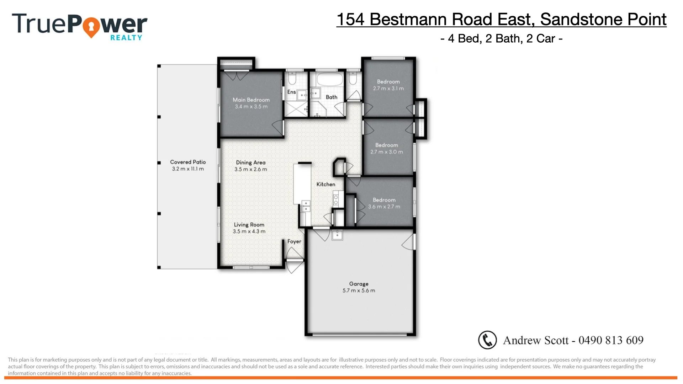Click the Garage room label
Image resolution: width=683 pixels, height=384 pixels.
pyautogui.click(x=359, y=284)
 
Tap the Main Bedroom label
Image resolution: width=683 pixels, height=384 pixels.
pyautogui.click(x=251, y=100)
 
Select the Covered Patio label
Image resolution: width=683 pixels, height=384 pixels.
pyautogui.click(x=188, y=162)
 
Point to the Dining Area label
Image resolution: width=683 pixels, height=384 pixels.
pyautogui.click(x=251, y=162)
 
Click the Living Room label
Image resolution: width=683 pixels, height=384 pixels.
pyautogui.click(x=249, y=225)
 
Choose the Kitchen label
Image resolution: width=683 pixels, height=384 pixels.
pyautogui.click(x=326, y=184)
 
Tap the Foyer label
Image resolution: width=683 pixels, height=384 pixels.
pyautogui.click(x=294, y=241)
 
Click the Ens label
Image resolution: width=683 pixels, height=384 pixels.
pyautogui.click(x=291, y=92)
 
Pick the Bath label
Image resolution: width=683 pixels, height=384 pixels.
pyautogui.click(x=332, y=97)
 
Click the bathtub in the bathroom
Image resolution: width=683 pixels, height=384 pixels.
pyautogui.click(x=329, y=79)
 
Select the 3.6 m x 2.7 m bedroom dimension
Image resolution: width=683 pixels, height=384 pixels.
pyautogui.click(x=384, y=207)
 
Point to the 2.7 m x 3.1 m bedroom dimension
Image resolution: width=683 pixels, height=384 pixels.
pyautogui.click(x=388, y=89)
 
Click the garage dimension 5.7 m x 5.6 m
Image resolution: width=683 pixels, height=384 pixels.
pyautogui.click(x=359, y=290)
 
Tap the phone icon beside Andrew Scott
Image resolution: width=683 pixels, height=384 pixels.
pyautogui.click(x=487, y=340)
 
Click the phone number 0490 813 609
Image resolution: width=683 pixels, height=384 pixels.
pyautogui.click(x=611, y=340)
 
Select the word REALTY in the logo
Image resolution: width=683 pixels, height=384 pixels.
pyautogui.click(x=126, y=38)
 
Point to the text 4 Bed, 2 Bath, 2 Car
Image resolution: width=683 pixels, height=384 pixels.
pyautogui.click(x=501, y=38)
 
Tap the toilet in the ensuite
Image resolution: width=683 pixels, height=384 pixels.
pyautogui.click(x=292, y=78)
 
